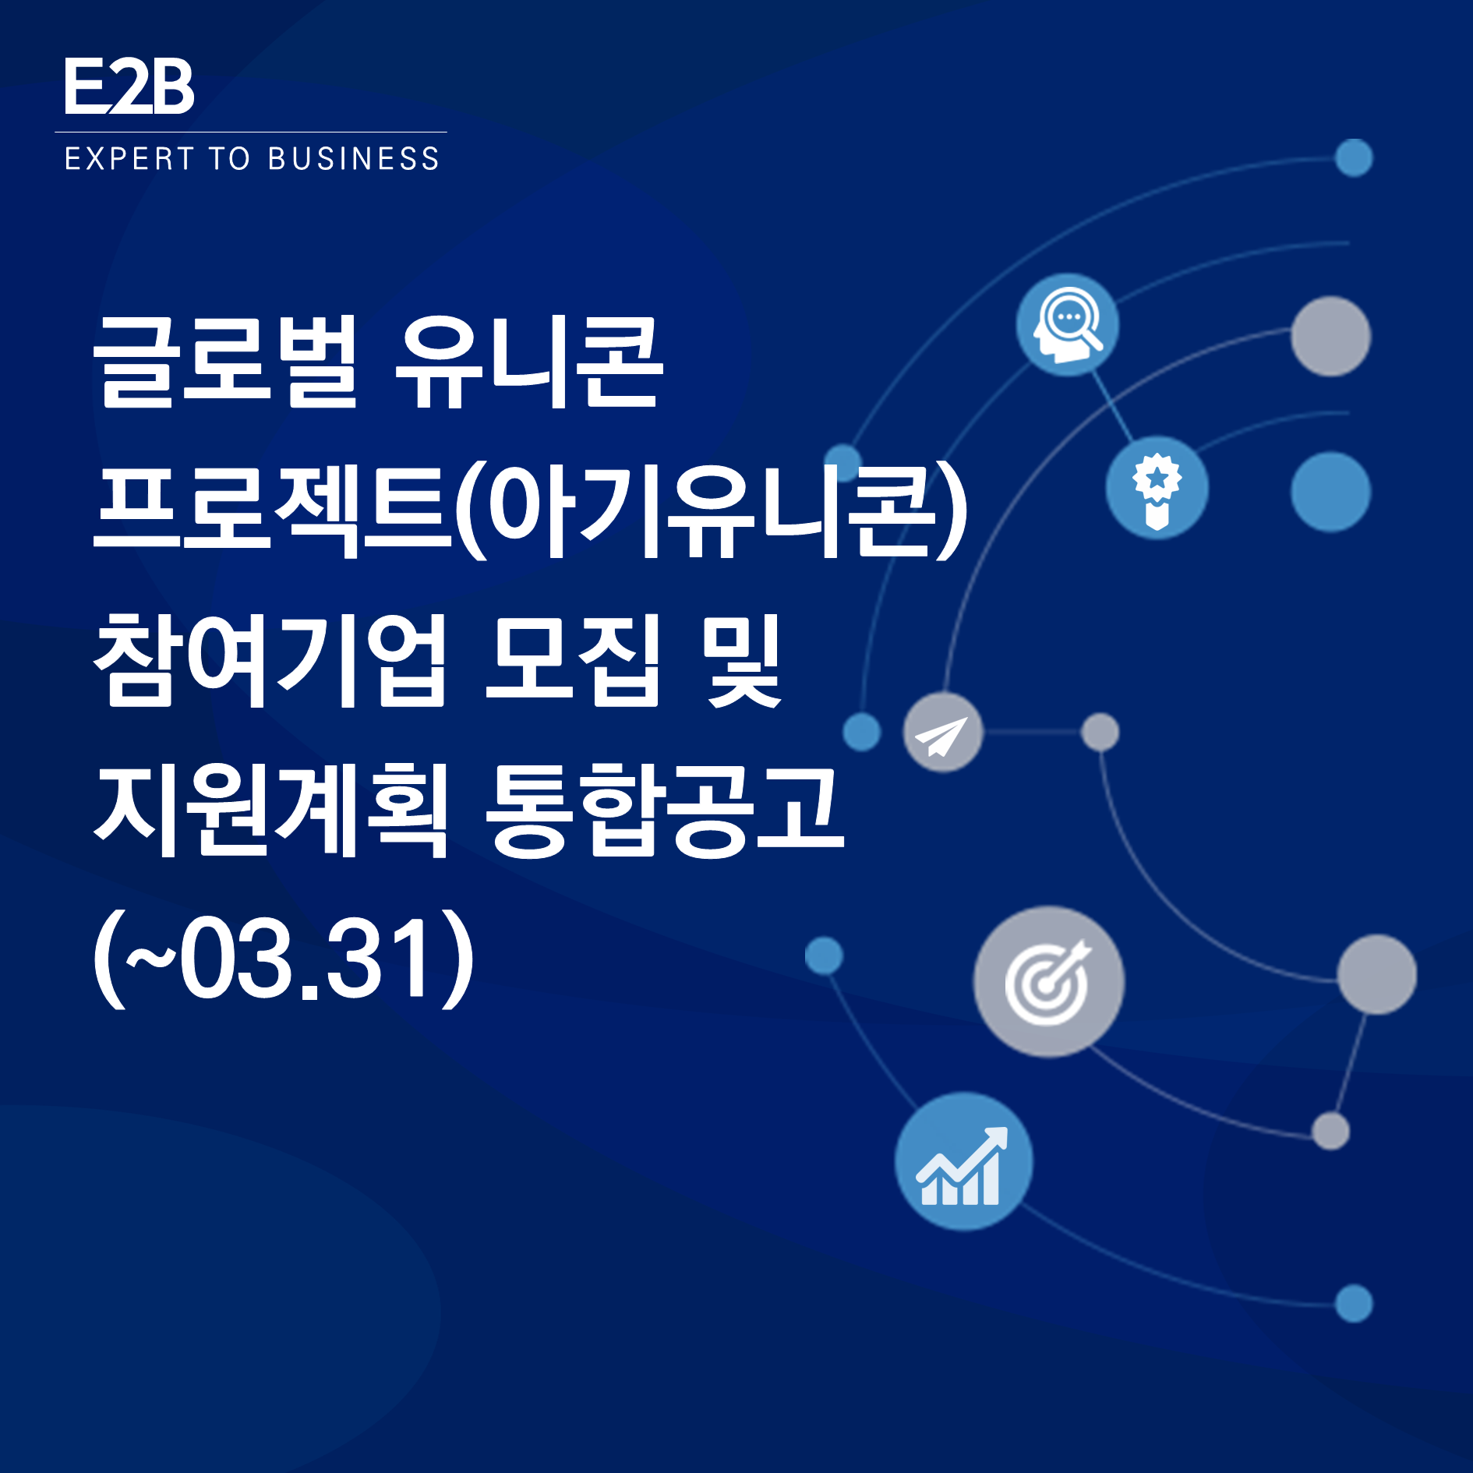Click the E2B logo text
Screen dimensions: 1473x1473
coord(129,87)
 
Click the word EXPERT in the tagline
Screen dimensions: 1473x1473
coord(129,158)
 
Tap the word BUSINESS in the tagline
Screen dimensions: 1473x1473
coord(354,158)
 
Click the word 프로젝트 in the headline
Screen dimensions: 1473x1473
coord(272,510)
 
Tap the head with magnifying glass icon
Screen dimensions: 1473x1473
coord(1068,325)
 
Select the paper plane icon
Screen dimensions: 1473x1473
coord(943,733)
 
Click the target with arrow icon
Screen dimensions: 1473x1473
coord(1049,982)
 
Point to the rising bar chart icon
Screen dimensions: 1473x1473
coord(964,1161)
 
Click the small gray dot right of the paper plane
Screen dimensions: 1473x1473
coord(1100,733)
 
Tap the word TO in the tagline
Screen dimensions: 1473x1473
coord(230,158)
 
